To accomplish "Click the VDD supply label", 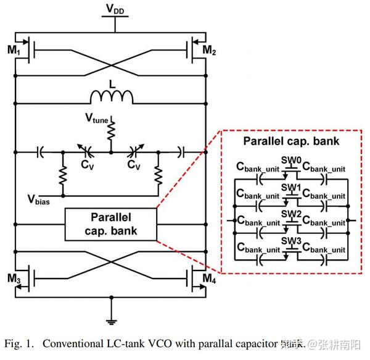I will (x=112, y=9).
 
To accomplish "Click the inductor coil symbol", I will (x=112, y=97).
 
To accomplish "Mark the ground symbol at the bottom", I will (x=112, y=320).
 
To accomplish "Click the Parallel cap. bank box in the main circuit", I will (x=111, y=224).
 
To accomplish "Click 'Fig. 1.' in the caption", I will (x=20, y=343).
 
